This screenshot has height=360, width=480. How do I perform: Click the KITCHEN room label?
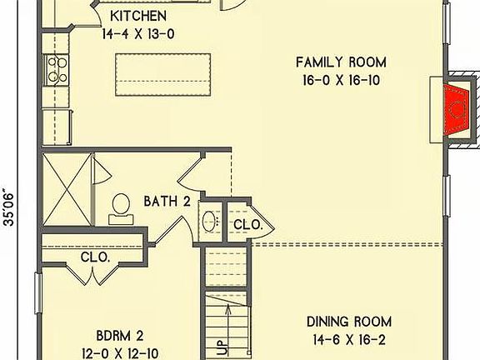(x=138, y=16)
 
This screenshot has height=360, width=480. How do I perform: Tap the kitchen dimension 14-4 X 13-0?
(x=138, y=33)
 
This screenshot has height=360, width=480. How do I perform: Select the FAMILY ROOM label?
(x=341, y=62)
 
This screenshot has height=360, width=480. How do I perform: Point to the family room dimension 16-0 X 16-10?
(x=342, y=80)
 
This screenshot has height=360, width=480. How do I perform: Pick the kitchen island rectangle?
(x=163, y=75)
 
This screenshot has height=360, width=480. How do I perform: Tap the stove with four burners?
(x=57, y=70)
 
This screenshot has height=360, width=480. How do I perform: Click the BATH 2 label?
(x=167, y=202)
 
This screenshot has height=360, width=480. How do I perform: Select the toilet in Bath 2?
(x=121, y=209)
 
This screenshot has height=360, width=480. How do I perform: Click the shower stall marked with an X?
(x=67, y=190)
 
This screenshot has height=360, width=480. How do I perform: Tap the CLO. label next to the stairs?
(x=248, y=225)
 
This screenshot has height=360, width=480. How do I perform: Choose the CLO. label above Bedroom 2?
(x=95, y=257)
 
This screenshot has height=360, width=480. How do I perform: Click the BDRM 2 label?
(x=120, y=336)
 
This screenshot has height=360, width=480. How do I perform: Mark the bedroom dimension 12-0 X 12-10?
(x=120, y=354)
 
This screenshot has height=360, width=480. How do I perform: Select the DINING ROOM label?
(x=349, y=322)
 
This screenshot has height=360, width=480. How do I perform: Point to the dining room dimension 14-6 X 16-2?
(x=349, y=340)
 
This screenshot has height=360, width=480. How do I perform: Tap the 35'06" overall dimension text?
(x=9, y=209)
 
